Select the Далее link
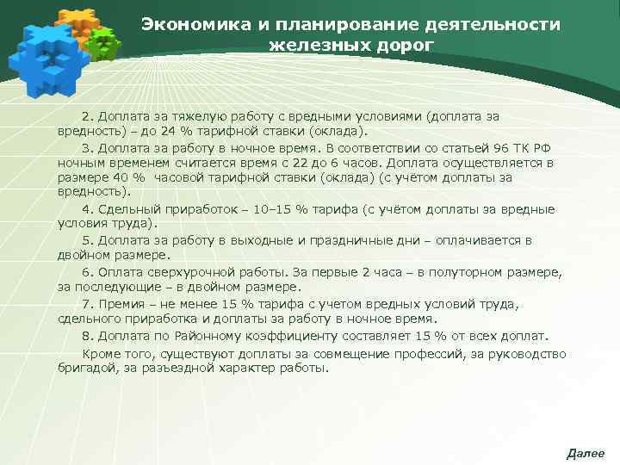click(586, 453)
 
